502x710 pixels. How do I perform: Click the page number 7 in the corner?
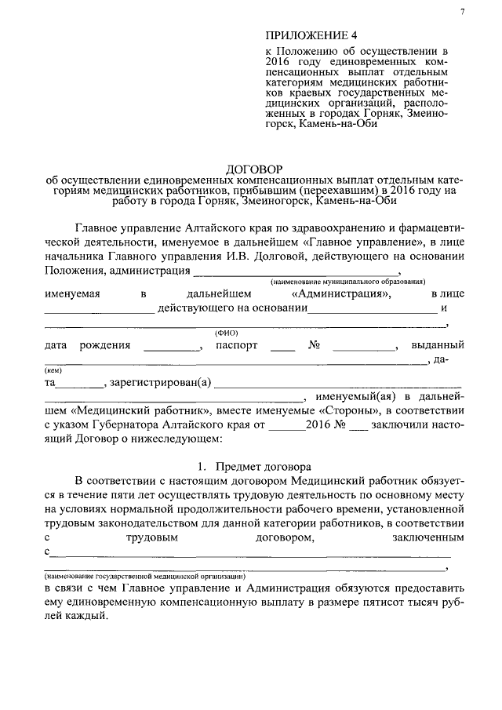click(x=463, y=12)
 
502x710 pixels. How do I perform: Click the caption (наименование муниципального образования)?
click(x=348, y=281)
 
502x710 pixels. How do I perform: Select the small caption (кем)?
click(x=53, y=370)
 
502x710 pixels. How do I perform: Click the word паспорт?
click(x=236, y=345)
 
